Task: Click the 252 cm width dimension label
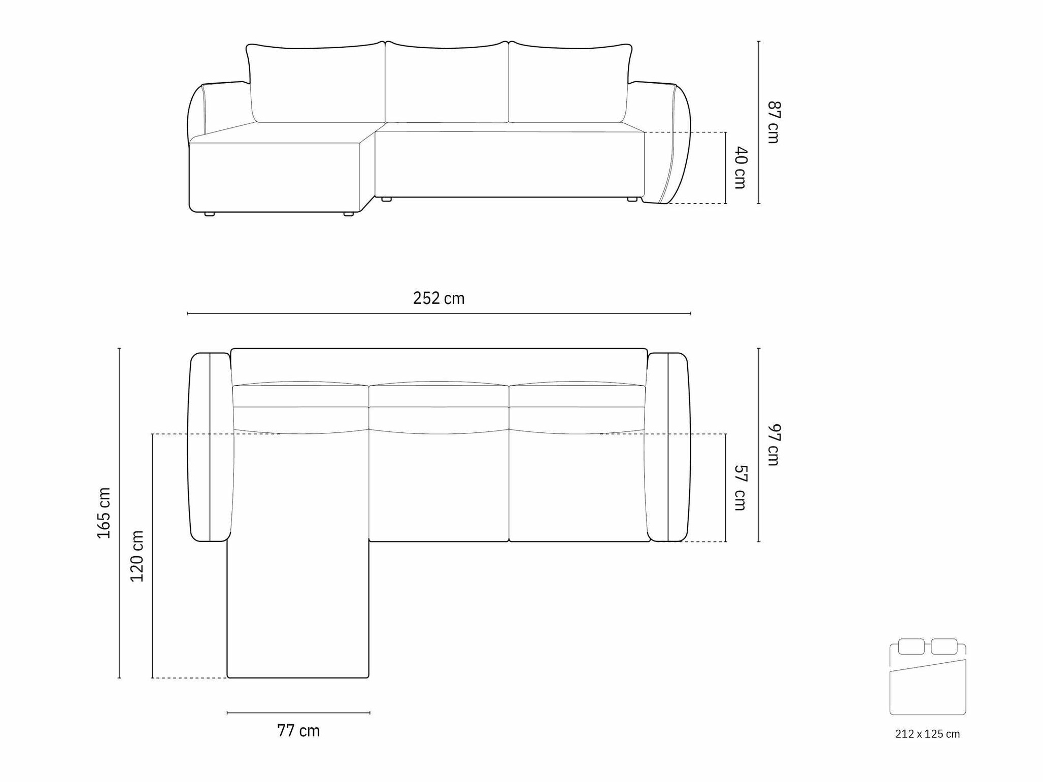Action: [x=439, y=298]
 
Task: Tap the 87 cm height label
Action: [x=773, y=122]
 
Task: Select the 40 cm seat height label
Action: [x=741, y=167]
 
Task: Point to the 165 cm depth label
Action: [x=104, y=513]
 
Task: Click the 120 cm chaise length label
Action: [x=137, y=556]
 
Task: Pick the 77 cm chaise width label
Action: [x=298, y=731]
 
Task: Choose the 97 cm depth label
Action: [x=773, y=445]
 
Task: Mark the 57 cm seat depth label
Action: [x=741, y=488]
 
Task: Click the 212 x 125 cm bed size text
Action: [x=927, y=734]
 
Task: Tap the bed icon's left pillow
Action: [x=912, y=647]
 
